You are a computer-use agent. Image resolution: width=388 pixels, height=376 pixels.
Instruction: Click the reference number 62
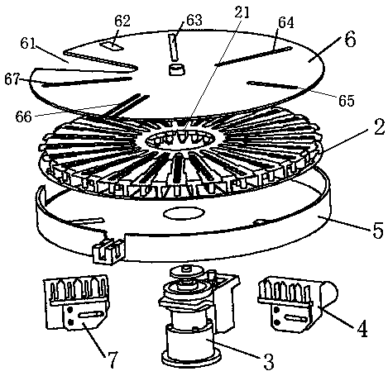point(122,21)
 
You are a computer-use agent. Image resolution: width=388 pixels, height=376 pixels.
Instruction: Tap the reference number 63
point(194,20)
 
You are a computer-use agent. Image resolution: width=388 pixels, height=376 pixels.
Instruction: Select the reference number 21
point(242,12)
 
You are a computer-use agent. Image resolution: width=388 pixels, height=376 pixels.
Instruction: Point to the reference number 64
point(286,22)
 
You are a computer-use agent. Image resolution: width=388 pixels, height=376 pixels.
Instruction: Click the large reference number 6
point(350,40)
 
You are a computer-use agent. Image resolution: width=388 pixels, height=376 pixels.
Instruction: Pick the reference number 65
point(347,101)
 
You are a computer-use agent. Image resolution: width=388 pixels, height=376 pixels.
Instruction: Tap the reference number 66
point(23,117)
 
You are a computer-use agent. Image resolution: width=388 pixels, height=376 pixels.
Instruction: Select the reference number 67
point(12,80)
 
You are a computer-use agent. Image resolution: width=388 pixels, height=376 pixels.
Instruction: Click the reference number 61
point(28,43)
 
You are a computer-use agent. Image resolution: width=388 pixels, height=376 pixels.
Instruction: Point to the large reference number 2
point(379,127)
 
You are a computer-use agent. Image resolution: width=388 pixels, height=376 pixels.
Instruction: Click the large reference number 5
point(378,230)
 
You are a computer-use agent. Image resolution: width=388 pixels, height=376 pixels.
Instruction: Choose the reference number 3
point(268,361)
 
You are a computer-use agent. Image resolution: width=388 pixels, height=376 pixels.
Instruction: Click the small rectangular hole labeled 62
point(113,46)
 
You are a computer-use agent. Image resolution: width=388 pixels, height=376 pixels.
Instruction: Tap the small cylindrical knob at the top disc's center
point(176,69)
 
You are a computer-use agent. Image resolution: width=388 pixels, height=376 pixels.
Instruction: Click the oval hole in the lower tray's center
point(184,213)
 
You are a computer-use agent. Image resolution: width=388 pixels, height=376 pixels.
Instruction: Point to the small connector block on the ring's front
point(108,251)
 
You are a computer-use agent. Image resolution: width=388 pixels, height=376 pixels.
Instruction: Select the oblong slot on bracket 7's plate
point(89,314)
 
